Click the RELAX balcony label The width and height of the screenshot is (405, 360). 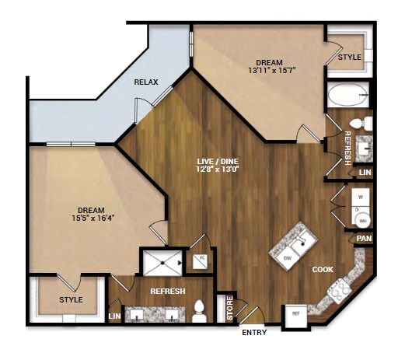click(x=147, y=82)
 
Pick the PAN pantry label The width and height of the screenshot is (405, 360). click(x=363, y=238)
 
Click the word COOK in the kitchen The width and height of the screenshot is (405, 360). click(x=323, y=269)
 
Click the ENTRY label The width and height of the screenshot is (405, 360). click(x=254, y=333)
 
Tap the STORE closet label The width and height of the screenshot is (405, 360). click(x=229, y=307)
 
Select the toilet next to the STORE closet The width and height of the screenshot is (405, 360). click(x=199, y=310)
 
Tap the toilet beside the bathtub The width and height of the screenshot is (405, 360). click(x=358, y=125)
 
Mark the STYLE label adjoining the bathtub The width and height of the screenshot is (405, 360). click(x=349, y=58)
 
